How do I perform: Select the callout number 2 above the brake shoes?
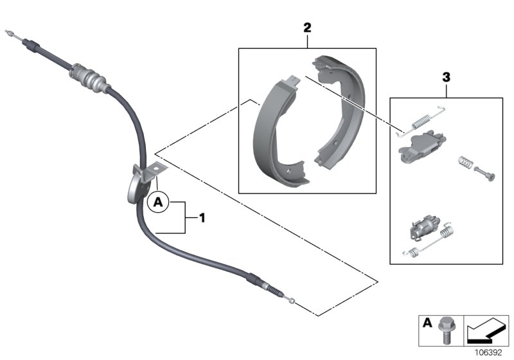(x=307, y=28)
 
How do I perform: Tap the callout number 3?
(x=445, y=77)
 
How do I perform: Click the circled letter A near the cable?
(x=158, y=204)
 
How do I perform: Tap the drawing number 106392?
(x=492, y=353)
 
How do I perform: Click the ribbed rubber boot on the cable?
(x=91, y=78)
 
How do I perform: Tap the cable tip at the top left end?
(x=10, y=32)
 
